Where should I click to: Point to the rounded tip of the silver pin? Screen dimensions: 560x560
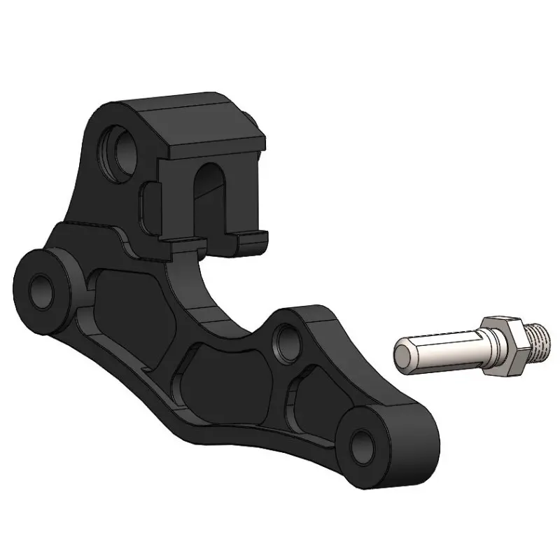(402, 353)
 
